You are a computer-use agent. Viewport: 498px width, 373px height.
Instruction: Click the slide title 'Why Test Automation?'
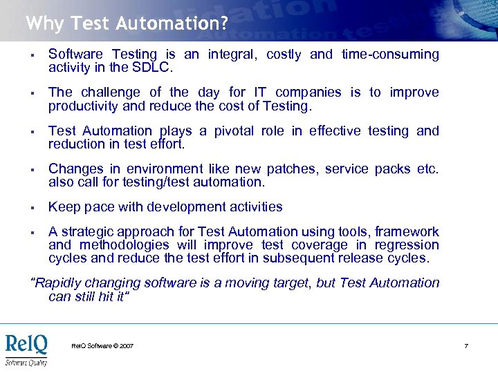point(127,23)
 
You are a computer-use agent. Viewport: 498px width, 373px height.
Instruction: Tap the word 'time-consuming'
point(390,55)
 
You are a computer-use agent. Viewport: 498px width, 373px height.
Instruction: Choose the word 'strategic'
point(87,231)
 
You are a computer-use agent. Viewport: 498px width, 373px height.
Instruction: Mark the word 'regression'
point(406,245)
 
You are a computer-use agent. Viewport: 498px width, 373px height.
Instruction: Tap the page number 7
point(466,345)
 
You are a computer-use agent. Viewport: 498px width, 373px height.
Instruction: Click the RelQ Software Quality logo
point(26,348)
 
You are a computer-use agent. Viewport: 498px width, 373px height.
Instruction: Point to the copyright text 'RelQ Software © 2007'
point(102,345)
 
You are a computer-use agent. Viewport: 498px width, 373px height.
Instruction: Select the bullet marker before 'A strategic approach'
point(33,232)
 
